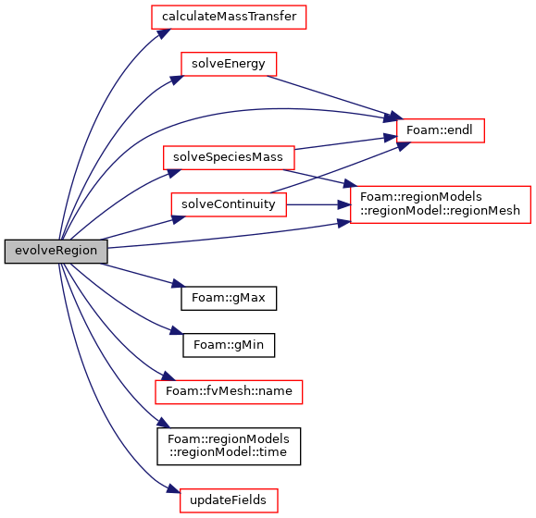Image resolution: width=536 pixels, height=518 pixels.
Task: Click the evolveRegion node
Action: click(56, 252)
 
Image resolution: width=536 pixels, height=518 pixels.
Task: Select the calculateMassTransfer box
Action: click(229, 17)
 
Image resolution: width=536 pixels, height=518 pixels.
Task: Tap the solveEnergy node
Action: click(229, 64)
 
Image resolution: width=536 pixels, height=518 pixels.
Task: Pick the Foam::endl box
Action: click(441, 130)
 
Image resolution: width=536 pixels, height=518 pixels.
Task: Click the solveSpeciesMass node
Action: click(229, 157)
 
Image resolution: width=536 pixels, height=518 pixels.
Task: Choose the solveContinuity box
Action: click(229, 204)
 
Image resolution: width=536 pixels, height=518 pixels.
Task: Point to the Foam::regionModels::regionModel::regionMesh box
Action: click(441, 204)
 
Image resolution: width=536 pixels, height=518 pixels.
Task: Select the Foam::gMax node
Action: click(229, 298)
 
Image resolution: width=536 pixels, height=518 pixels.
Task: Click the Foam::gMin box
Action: click(229, 345)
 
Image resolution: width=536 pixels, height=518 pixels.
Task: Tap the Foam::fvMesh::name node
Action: click(229, 392)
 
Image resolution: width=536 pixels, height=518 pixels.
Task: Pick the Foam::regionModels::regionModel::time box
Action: click(229, 446)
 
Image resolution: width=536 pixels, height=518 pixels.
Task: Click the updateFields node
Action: click(229, 500)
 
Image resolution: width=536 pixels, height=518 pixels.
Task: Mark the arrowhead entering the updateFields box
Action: click(174, 489)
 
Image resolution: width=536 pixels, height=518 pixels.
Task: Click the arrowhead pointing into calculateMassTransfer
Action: click(164, 33)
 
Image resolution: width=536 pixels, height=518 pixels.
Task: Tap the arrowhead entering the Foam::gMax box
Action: click(178, 283)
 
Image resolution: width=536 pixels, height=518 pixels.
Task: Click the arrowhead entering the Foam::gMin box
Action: click(177, 331)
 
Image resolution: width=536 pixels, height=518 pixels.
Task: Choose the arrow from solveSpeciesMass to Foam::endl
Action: click(345, 143)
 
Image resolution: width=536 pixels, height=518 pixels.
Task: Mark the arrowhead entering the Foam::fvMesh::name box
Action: click(168, 376)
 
